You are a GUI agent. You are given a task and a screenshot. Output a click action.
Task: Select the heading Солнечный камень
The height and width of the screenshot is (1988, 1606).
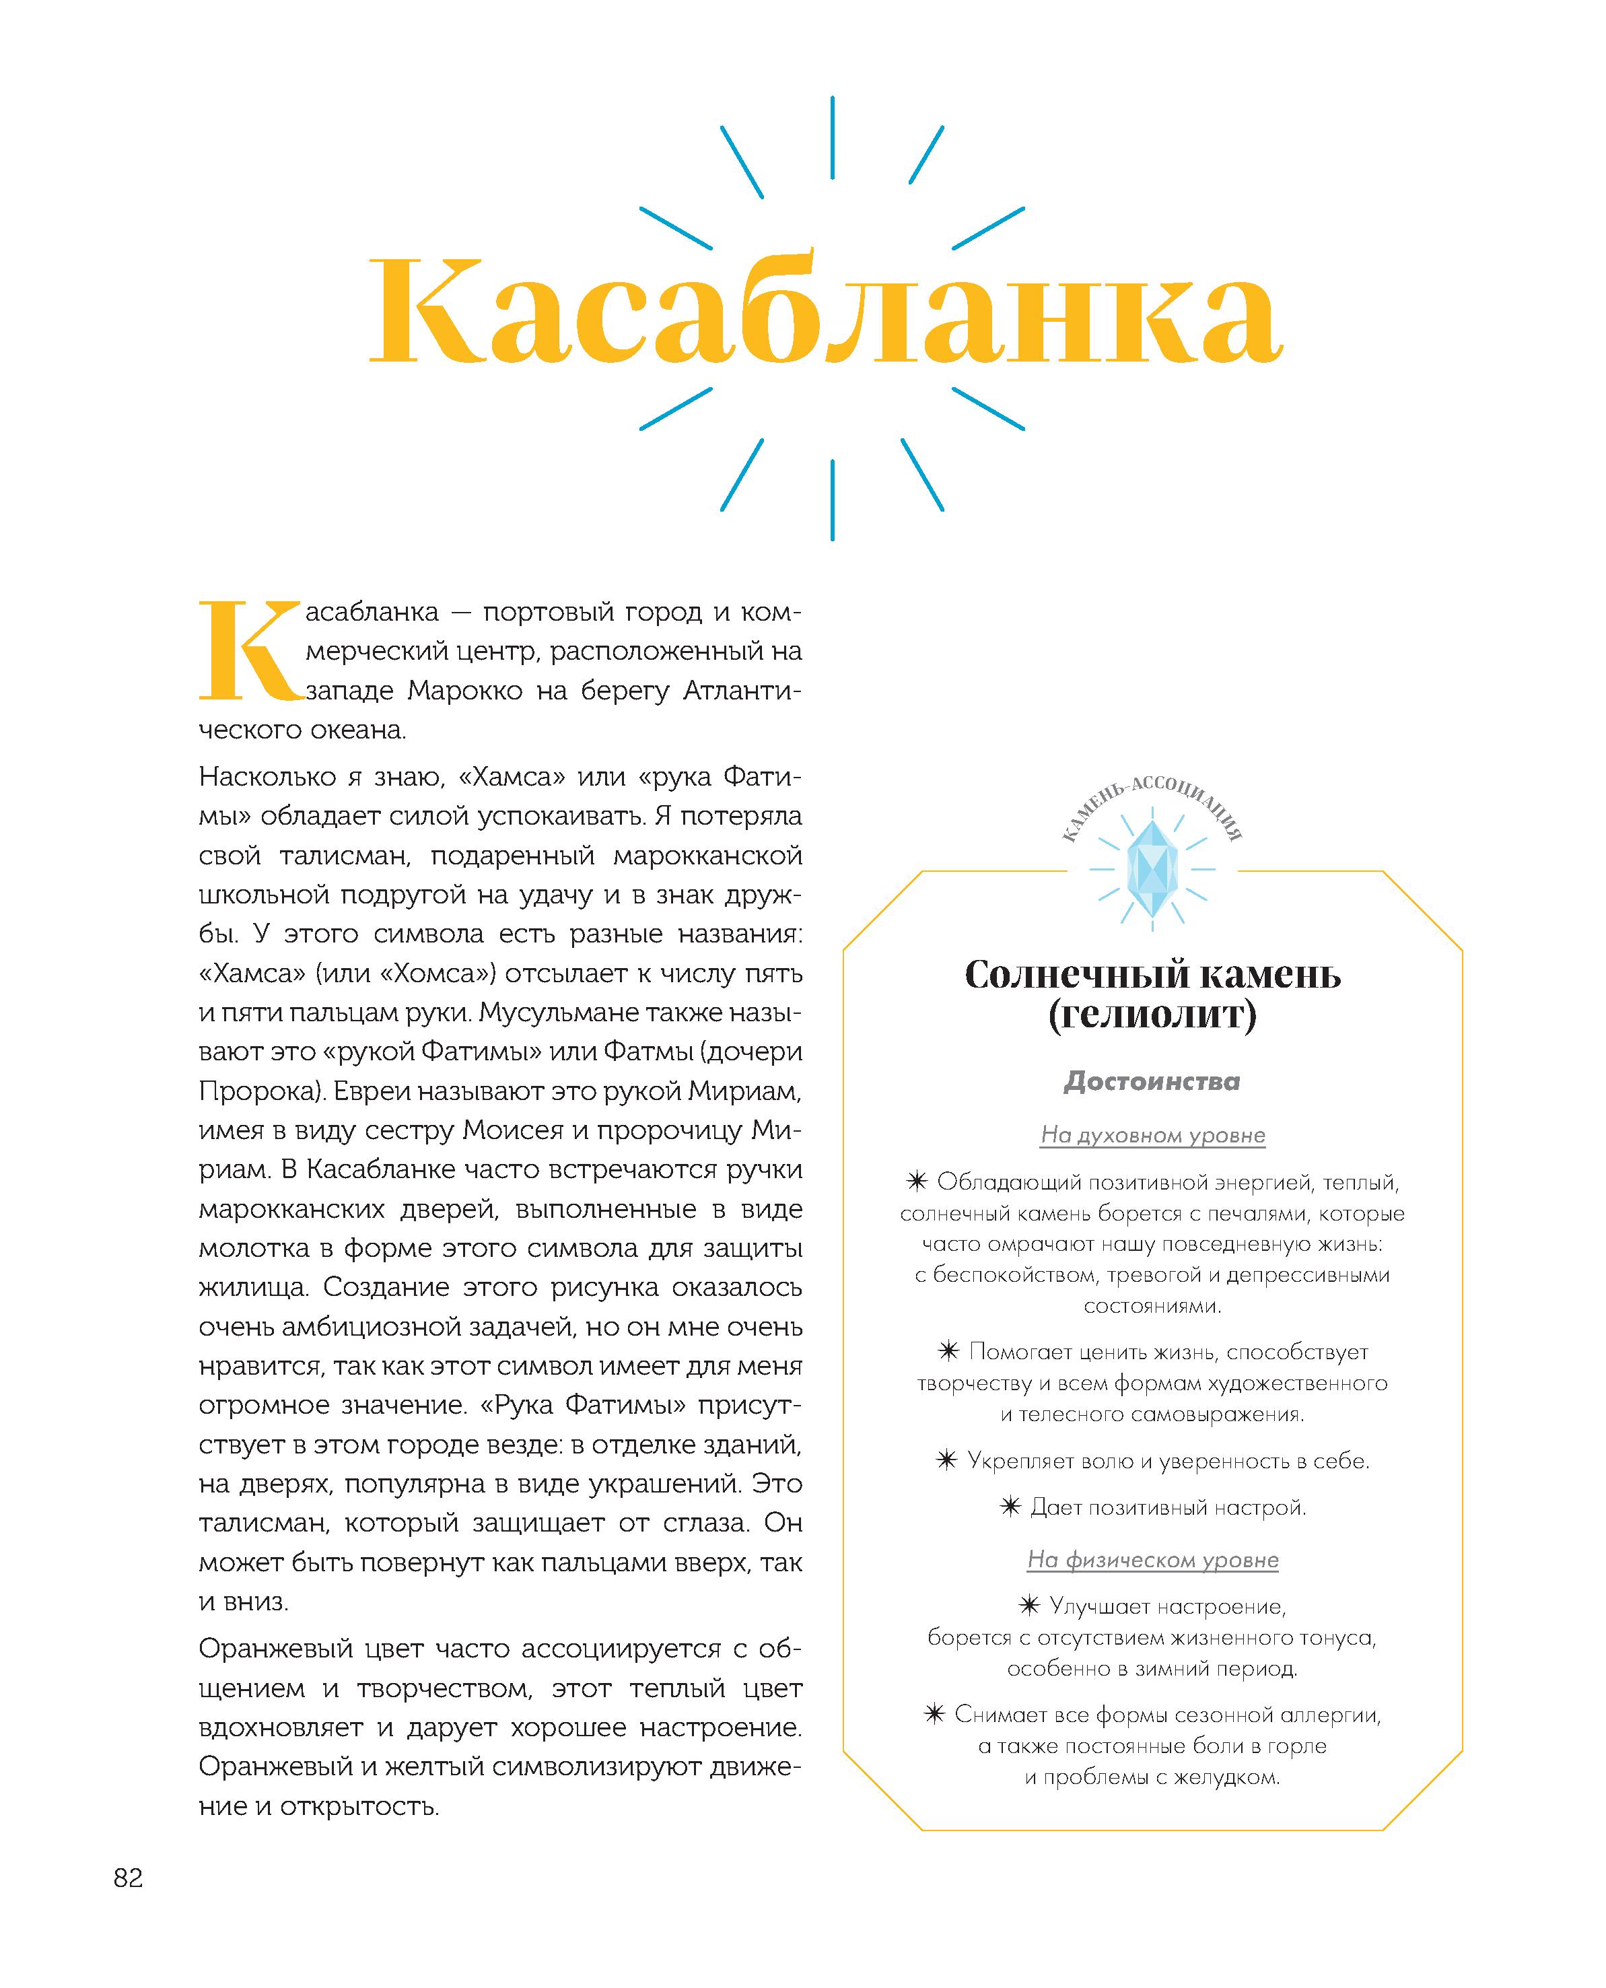pyautogui.click(x=1152, y=974)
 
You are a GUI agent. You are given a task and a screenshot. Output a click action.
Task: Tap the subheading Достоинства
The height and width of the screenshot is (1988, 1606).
pyautogui.click(x=1152, y=1081)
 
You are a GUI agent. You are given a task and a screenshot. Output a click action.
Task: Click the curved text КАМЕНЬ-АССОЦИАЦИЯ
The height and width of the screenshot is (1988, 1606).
pyautogui.click(x=1152, y=796)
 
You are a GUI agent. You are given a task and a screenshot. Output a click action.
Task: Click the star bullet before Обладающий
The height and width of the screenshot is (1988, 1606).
pyautogui.click(x=916, y=1182)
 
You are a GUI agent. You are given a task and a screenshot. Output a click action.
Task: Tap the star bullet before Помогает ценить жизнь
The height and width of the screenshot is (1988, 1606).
pyautogui.click(x=948, y=1352)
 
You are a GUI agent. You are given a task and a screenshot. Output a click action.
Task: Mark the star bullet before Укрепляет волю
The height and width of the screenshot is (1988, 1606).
pyautogui.click(x=946, y=1461)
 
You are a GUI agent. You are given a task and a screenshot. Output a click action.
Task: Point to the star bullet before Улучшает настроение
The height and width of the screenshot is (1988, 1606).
pyautogui.click(x=1028, y=1606)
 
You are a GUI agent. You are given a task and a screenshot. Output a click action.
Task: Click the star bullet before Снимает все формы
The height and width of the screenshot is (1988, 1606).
pyautogui.click(x=934, y=1714)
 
